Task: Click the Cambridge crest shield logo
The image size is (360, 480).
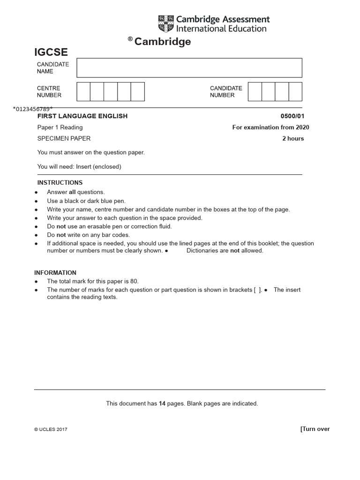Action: pyautogui.click(x=166, y=24)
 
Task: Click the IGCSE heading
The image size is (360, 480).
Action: pyautogui.click(x=51, y=52)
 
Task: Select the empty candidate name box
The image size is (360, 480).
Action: pyautogui.click(x=189, y=68)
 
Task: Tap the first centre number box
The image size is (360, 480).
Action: pyautogui.click(x=83, y=91)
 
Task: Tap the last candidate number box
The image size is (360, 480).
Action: pyautogui.click(x=295, y=91)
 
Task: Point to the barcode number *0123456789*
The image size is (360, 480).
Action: pyautogui.click(x=33, y=109)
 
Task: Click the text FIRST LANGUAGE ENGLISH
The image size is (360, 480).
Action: pyautogui.click(x=82, y=116)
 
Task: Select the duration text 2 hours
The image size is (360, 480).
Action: pyautogui.click(x=293, y=138)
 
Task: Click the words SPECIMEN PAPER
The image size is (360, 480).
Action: pyautogui.click(x=64, y=138)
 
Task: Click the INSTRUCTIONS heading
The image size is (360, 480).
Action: pyautogui.click(x=60, y=183)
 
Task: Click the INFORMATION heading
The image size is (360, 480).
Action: pyautogui.click(x=55, y=273)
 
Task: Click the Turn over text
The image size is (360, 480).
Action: pyautogui.click(x=315, y=429)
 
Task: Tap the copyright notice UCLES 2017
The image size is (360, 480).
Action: pyautogui.click(x=51, y=429)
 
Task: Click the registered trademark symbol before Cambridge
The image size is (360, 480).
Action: pyautogui.click(x=130, y=39)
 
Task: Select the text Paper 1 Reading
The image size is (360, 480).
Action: pyautogui.click(x=60, y=127)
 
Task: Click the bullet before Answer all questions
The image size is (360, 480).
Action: pyautogui.click(x=37, y=193)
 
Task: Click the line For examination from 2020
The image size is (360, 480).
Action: pyautogui.click(x=270, y=127)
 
